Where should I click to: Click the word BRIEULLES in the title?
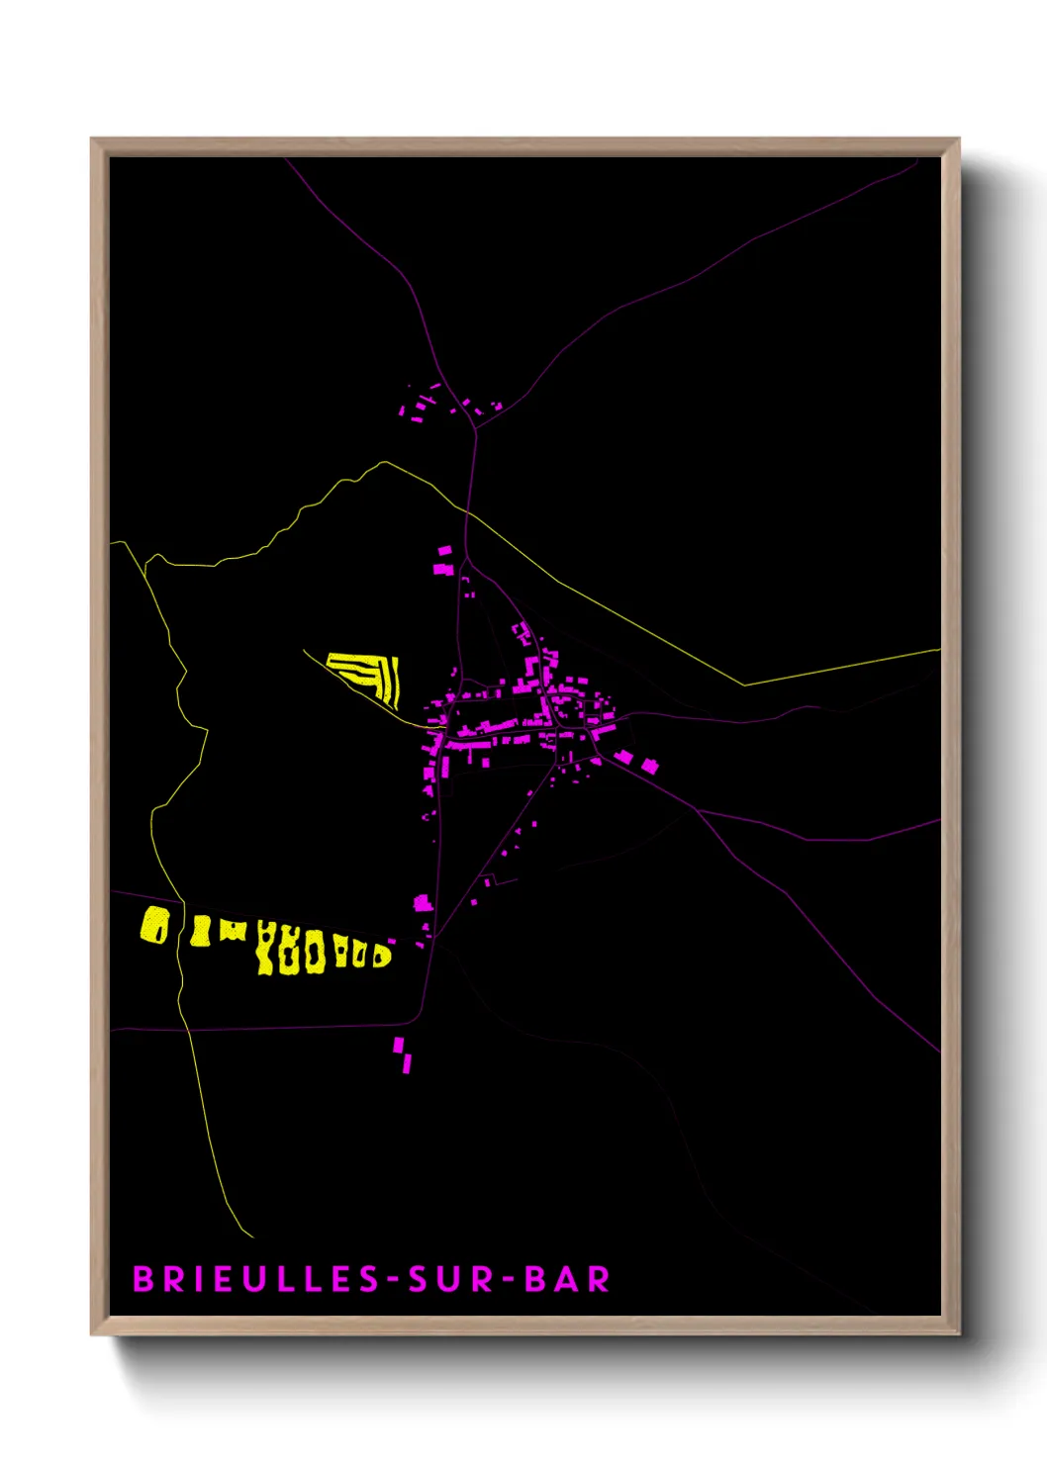click(256, 1279)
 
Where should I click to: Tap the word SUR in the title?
click(450, 1279)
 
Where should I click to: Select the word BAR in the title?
click(567, 1279)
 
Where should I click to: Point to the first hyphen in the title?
click(394, 1280)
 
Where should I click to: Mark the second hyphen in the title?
click(509, 1280)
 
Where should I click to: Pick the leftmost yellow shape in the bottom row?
click(154, 926)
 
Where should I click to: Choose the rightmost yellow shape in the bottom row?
click(381, 956)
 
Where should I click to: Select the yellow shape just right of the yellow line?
click(201, 931)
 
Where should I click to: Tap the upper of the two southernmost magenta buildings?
click(399, 1045)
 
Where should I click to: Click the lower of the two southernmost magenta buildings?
click(407, 1063)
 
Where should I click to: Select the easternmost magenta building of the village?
click(649, 765)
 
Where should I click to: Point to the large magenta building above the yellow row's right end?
click(423, 902)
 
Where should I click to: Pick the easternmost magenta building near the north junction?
click(497, 405)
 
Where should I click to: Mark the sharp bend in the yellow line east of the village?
click(743, 684)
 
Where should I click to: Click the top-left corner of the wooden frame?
click(92, 139)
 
